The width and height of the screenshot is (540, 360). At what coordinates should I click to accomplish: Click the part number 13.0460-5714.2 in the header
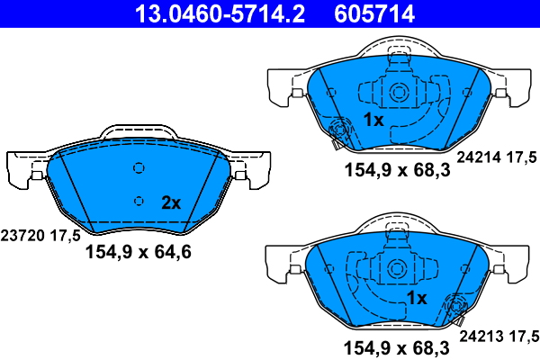(208, 13)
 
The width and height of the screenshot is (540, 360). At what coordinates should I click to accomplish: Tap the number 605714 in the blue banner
(374, 13)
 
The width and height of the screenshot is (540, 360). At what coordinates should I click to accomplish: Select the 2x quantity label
(170, 202)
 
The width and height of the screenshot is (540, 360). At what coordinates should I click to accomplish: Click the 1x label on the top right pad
(373, 120)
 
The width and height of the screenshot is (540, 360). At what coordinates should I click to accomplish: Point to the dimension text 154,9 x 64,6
(138, 253)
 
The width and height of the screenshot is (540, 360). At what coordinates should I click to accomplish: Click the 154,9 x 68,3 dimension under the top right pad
(397, 170)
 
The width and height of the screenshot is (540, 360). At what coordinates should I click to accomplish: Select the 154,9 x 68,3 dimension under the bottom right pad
(397, 346)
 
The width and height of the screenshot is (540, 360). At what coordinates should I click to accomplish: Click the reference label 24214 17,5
(498, 157)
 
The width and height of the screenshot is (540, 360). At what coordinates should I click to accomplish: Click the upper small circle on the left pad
(139, 167)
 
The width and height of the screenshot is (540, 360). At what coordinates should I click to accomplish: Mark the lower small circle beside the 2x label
(139, 200)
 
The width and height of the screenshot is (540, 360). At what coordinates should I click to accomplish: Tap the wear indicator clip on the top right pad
(339, 132)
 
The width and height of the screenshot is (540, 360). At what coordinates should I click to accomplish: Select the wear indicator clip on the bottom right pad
(453, 309)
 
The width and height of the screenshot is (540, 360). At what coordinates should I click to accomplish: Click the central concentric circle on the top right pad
(397, 91)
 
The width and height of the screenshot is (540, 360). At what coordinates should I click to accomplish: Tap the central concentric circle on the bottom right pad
(397, 268)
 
